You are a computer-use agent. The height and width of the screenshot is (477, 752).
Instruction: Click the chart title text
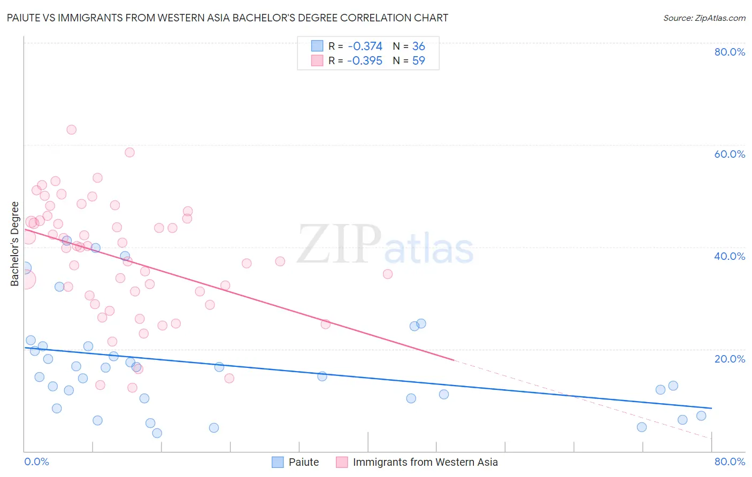click(227, 18)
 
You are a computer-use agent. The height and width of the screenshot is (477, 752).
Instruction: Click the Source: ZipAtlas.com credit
click(704, 18)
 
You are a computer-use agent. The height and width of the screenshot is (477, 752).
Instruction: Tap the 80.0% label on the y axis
click(730, 52)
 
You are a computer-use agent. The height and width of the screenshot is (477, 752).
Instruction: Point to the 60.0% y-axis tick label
click(730, 154)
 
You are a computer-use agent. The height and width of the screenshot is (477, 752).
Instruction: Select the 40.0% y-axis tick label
click(730, 256)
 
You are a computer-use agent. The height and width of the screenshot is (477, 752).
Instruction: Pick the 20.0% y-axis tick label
click(730, 358)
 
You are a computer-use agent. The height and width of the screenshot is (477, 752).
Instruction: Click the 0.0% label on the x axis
click(36, 461)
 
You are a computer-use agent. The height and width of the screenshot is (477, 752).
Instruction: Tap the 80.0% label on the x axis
click(730, 461)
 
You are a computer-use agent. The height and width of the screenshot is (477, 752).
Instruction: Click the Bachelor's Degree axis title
click(15, 244)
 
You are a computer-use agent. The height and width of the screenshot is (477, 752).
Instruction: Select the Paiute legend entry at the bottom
click(303, 462)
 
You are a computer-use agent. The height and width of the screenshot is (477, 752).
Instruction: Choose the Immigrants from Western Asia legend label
click(425, 462)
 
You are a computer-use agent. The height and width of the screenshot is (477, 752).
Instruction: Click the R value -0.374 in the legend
click(365, 47)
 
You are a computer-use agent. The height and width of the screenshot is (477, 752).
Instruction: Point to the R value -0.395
click(365, 61)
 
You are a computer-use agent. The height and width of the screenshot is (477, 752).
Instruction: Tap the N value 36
click(418, 47)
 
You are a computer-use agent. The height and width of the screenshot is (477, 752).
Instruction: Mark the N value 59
click(418, 61)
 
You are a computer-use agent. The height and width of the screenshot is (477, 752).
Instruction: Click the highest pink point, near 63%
click(71, 129)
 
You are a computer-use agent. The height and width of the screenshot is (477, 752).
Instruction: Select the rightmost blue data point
click(701, 416)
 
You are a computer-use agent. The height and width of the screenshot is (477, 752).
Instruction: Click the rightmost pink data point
click(388, 274)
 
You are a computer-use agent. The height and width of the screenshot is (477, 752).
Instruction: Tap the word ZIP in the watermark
click(339, 244)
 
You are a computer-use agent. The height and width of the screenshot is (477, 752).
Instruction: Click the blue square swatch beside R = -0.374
click(317, 46)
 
